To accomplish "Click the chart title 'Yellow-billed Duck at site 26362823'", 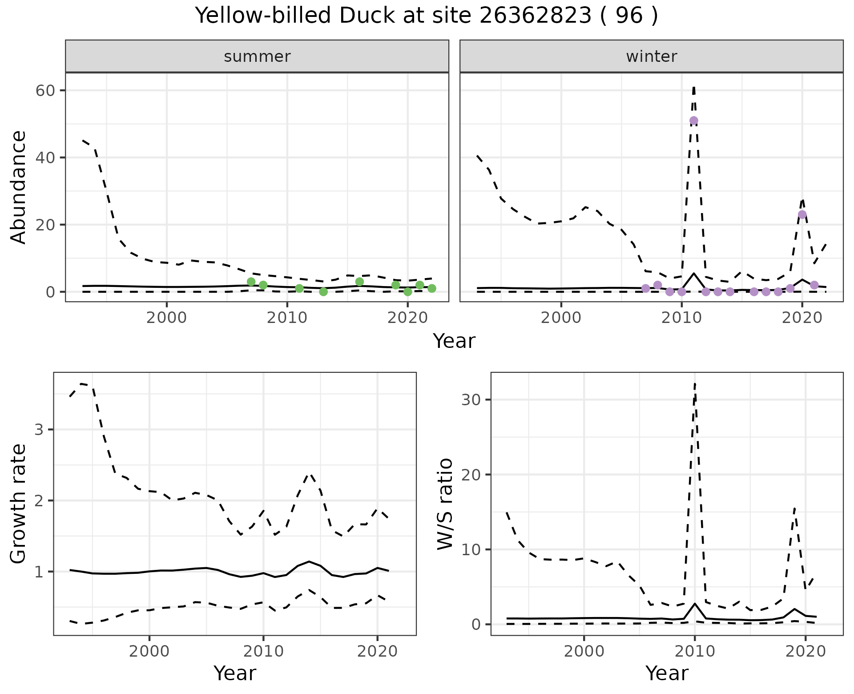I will [426, 16].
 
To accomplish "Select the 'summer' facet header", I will [257, 56].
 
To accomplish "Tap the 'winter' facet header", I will [651, 56].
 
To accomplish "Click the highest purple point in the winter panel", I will [693, 121].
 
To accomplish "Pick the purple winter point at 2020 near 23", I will [802, 214].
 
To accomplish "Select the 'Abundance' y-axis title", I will [19, 187].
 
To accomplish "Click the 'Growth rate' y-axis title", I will [19, 504].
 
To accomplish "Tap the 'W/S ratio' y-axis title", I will [445, 504].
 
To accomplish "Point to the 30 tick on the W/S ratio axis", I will [472, 399].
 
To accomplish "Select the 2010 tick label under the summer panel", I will [287, 318].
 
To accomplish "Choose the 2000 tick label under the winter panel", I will [561, 318].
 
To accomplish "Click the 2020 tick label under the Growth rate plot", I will [377, 652].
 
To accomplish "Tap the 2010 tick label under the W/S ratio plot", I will [694, 652].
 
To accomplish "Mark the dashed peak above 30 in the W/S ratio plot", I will [695, 383].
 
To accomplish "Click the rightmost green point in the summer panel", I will [431, 288].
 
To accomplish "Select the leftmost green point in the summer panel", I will [251, 282].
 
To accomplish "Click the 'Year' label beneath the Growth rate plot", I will [235, 673].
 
